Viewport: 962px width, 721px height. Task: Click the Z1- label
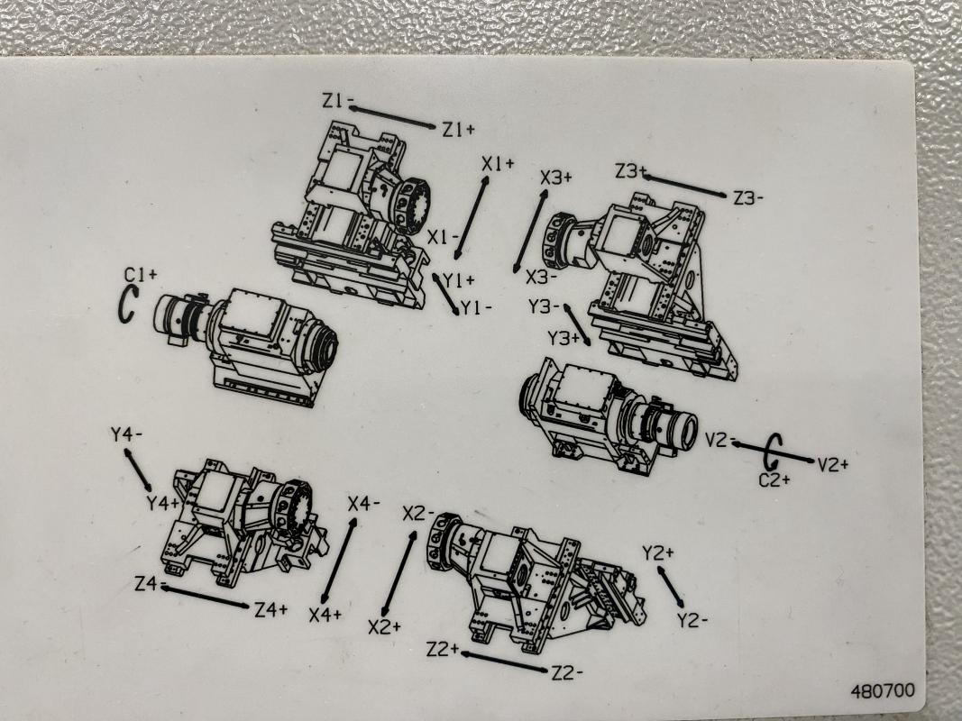coord(338,100)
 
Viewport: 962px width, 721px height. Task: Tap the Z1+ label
coord(459,130)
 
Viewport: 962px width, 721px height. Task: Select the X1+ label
coord(498,164)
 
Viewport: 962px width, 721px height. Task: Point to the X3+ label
coord(556,178)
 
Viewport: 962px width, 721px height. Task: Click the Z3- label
coord(749,198)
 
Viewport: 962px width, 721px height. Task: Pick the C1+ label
coord(141,274)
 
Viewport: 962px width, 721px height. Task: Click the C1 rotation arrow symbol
coord(126,304)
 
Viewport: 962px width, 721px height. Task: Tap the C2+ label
coord(774,479)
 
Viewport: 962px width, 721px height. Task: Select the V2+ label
coord(832,465)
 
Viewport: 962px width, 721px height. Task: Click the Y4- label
coord(126,434)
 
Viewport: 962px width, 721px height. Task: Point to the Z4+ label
coord(271,609)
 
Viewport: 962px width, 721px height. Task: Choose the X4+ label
coord(325,615)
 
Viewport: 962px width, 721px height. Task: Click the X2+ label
coord(385,626)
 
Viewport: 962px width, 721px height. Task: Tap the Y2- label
coord(692,620)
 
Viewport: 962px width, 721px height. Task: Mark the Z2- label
coord(567,673)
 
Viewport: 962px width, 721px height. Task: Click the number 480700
coord(883,691)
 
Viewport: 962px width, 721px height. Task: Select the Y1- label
coord(476,307)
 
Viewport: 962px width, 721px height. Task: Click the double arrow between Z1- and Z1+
coord(393,117)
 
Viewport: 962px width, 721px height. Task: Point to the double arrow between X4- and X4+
coord(339,561)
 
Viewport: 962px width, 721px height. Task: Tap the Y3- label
coord(545,306)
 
